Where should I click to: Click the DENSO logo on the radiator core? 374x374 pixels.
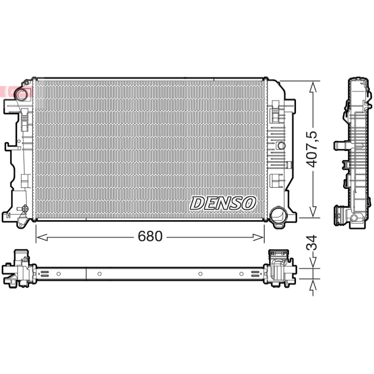223,203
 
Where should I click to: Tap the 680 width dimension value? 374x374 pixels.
150,237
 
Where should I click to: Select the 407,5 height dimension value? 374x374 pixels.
312,149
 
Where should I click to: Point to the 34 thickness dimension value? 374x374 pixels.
311,243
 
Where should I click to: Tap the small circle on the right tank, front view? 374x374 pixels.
281,145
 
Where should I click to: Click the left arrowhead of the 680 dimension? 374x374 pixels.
42,237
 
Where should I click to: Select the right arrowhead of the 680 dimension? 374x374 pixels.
259,237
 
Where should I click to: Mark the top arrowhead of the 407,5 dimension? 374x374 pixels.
313,86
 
